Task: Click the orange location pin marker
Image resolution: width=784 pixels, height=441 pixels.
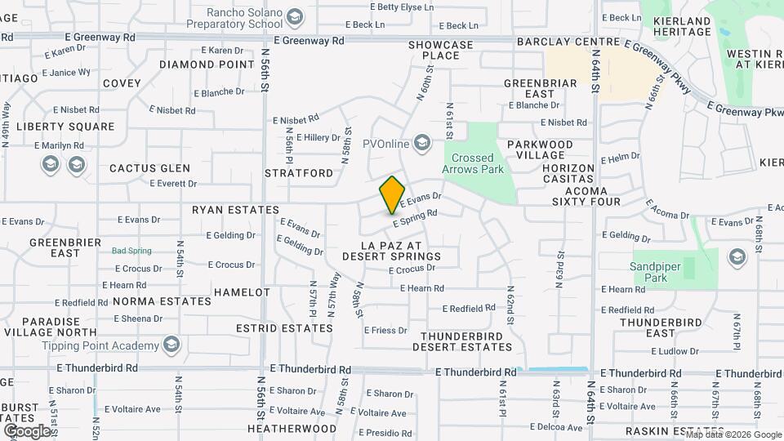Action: point(393,194)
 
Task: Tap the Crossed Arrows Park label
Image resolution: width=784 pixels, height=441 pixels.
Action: point(473,163)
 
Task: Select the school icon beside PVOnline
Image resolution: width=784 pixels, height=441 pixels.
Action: point(422,144)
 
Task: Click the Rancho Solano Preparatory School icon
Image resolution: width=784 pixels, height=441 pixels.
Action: point(294,16)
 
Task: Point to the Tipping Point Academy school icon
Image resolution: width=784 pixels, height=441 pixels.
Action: point(171,345)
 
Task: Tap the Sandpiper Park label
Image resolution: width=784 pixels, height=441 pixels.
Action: point(660,272)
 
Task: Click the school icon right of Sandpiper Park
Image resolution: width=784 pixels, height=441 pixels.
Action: point(737,258)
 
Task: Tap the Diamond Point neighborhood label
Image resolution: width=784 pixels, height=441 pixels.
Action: point(207,64)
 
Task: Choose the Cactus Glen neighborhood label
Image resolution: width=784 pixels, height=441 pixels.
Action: point(149,168)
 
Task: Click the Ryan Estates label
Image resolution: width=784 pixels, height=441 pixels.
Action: point(235,210)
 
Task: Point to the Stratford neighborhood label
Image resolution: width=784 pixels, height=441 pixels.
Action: point(300,173)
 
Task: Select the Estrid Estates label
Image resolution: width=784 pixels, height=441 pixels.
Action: point(273,328)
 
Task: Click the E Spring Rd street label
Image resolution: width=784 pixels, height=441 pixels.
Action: point(415,218)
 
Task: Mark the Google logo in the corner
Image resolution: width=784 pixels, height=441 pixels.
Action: point(28,430)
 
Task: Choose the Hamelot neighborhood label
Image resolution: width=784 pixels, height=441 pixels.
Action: point(242,292)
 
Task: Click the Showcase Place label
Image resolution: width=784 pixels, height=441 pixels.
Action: point(441,50)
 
